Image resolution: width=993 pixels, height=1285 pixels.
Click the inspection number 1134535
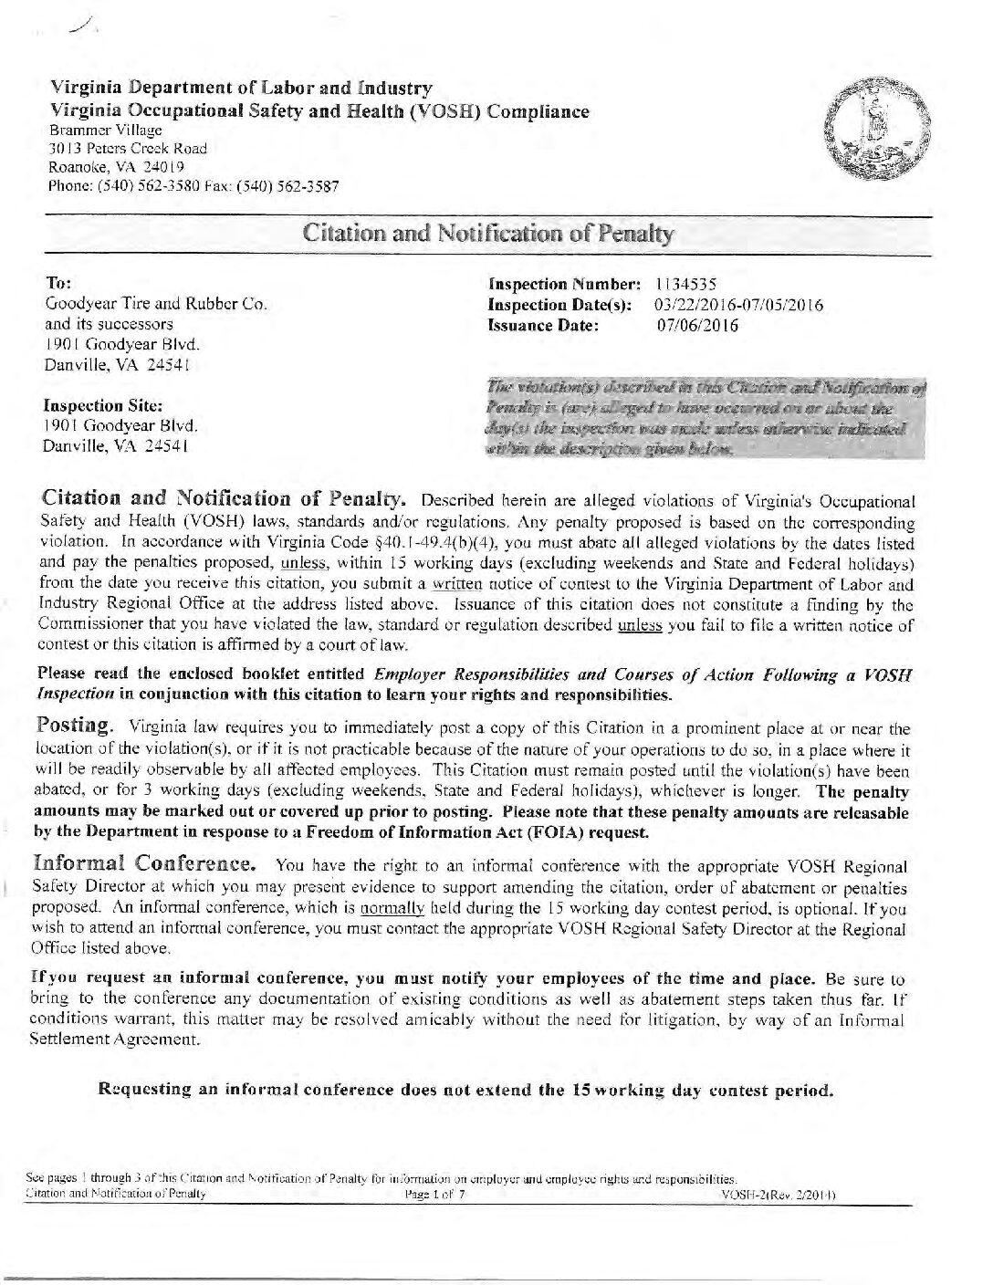(x=691, y=285)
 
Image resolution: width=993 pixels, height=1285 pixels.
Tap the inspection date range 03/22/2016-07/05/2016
(x=739, y=305)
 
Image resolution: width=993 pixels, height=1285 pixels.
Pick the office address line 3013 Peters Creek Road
(x=128, y=148)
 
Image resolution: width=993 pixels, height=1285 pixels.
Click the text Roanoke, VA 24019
(x=116, y=167)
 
